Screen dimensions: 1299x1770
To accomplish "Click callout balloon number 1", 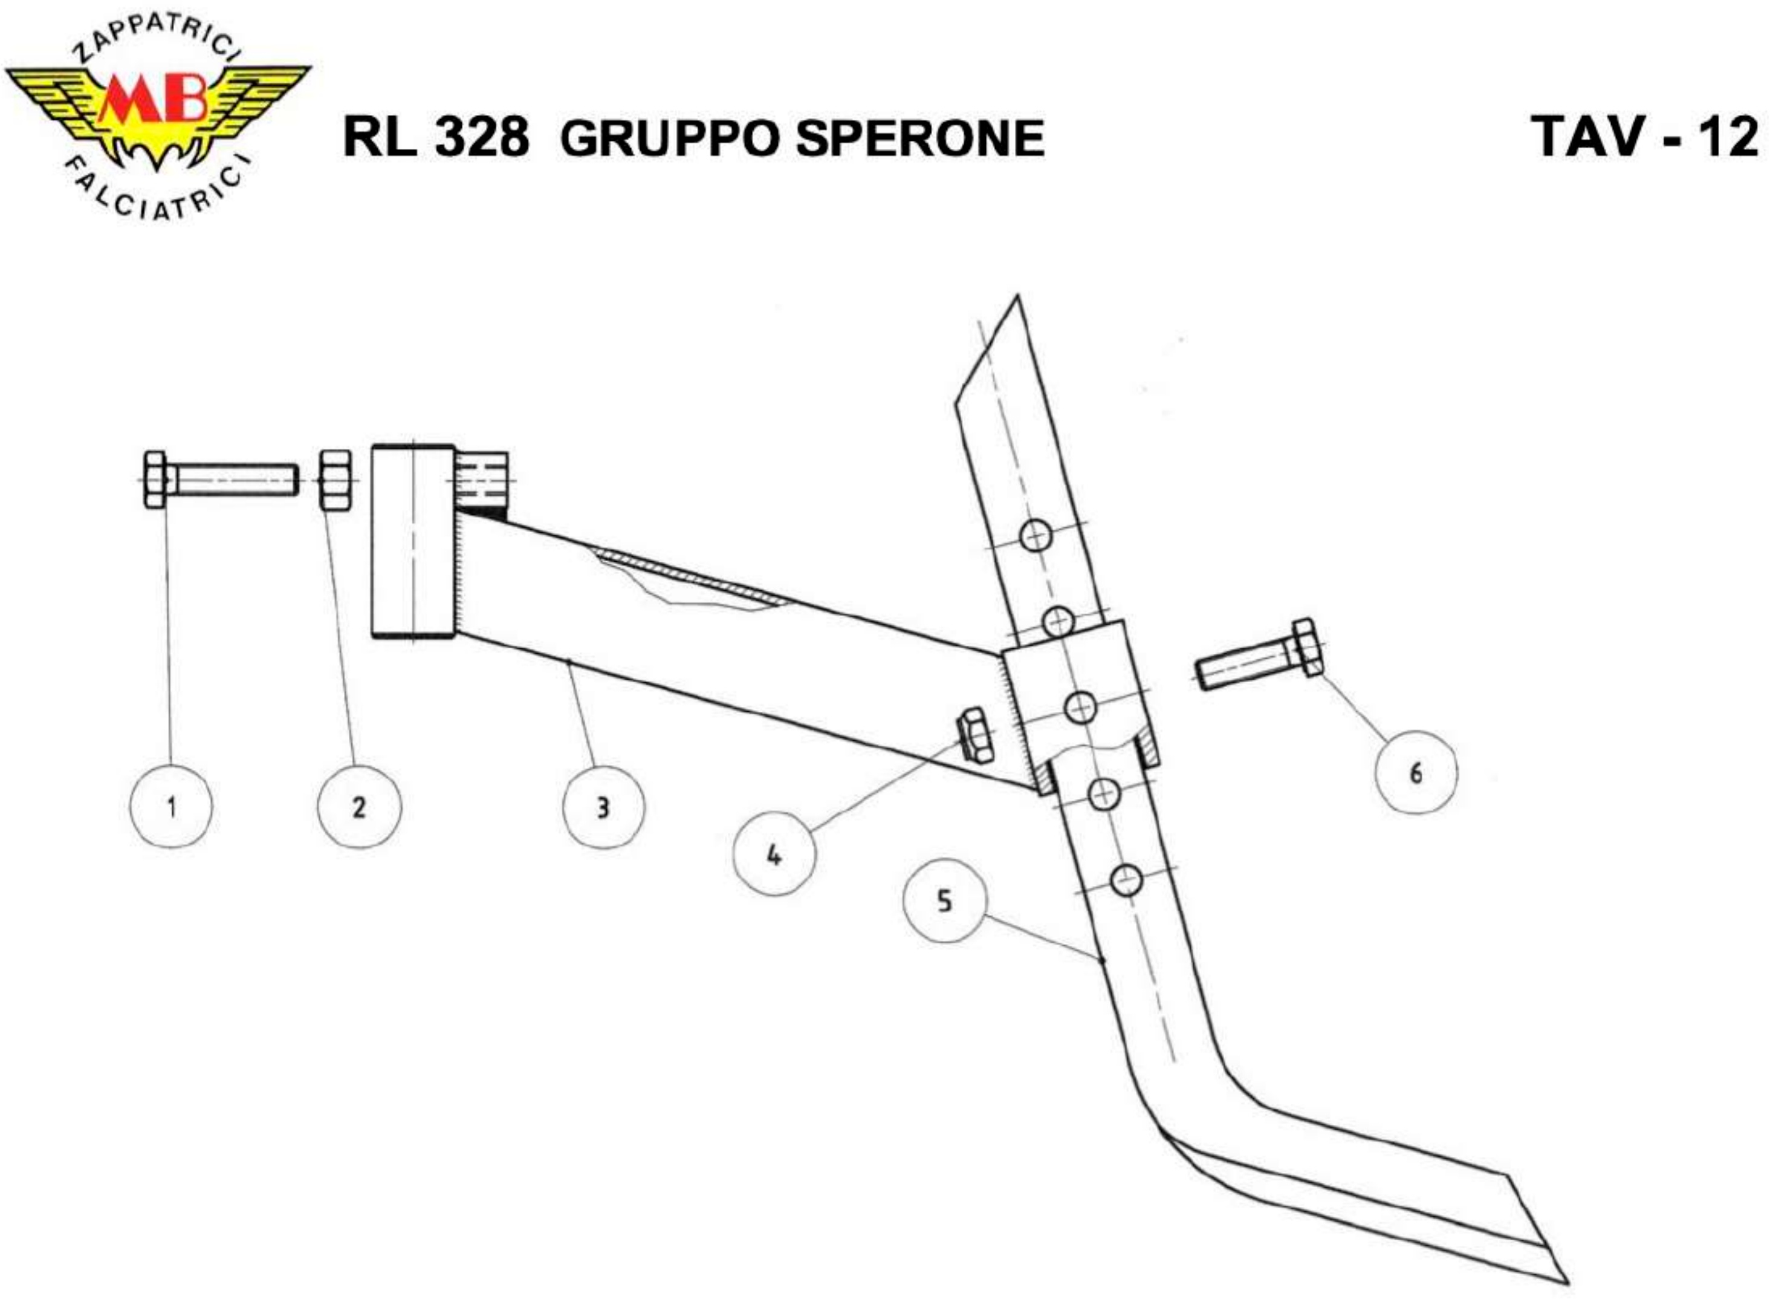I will click(171, 807).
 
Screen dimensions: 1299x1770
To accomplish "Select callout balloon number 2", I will click(359, 807).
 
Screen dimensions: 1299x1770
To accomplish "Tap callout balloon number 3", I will click(603, 807).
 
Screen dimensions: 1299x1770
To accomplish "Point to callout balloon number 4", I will click(774, 855).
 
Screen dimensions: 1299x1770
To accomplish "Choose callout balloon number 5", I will click(944, 901).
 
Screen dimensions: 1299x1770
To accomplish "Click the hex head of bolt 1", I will click(155, 479).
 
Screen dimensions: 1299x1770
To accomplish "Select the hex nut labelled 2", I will click(336, 479).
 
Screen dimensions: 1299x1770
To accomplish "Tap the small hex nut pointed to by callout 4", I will click(974, 734).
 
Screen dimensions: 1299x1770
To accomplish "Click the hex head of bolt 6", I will click(1305, 647).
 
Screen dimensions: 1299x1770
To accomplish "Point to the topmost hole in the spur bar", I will click(1036, 537).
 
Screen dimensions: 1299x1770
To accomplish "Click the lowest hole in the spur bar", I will click(1126, 881).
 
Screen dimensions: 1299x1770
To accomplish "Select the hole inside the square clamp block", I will click(1081, 708).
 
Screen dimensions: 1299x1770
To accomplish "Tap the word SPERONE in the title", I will click(919, 139).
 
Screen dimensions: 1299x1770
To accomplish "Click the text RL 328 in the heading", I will click(436, 138).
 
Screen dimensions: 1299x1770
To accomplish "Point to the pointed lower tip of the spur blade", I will click(1560, 1281).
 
